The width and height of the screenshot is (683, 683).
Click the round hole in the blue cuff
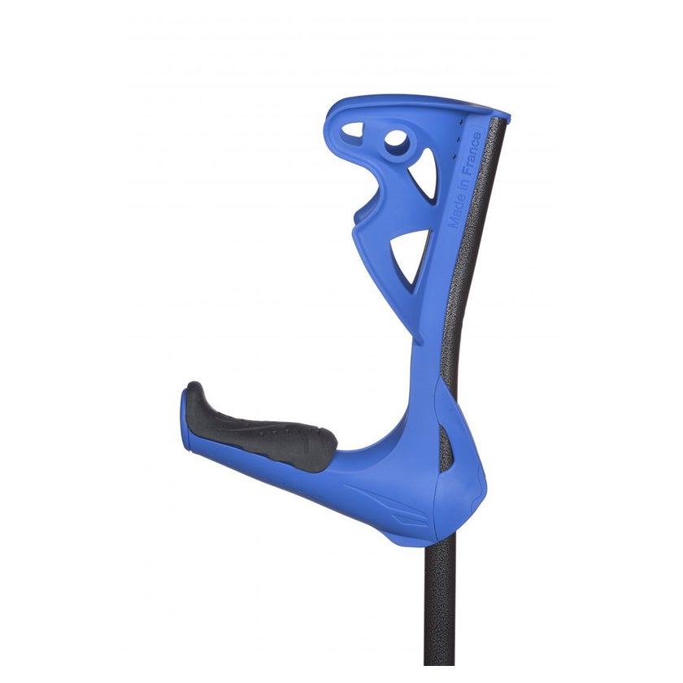(397, 142)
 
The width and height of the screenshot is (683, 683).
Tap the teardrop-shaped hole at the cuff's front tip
(353, 132)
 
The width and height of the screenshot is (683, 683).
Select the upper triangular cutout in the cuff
(424, 173)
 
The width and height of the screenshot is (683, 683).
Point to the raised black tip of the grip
(195, 392)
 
